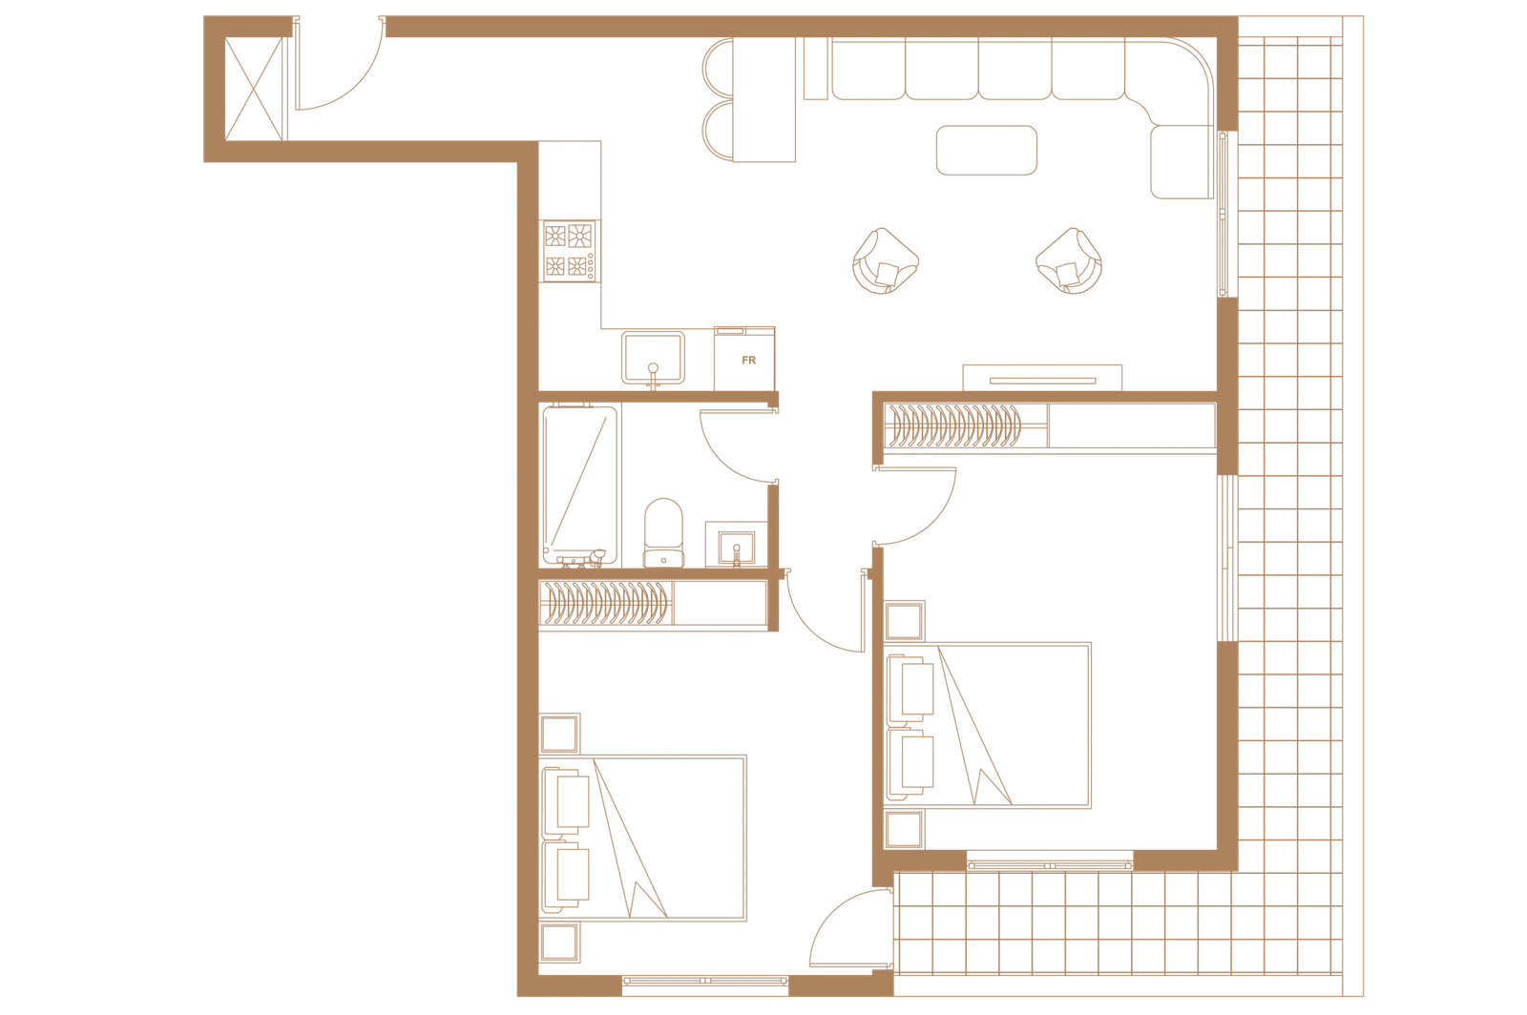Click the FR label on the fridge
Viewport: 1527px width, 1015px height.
coord(748,361)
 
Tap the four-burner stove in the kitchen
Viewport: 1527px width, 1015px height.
coord(571,251)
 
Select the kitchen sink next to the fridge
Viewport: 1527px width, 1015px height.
coord(653,359)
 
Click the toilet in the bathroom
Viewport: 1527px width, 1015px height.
coord(663,532)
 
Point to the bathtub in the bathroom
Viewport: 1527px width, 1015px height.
coord(580,485)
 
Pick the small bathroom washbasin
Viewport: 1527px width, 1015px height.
coord(736,547)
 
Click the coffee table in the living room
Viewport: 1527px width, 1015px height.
coord(987,150)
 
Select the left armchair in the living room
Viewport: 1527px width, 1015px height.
coord(885,260)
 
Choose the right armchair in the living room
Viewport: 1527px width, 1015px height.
coord(1069,260)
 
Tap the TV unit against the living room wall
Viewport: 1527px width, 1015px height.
coord(1042,378)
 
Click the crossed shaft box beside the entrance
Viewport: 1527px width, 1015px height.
coord(254,90)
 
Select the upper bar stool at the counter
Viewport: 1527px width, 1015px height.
coord(718,68)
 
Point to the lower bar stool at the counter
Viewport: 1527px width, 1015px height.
coord(718,132)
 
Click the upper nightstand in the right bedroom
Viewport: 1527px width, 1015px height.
coord(904,621)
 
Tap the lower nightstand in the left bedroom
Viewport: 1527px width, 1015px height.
coord(559,942)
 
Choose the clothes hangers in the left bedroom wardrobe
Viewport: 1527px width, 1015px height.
coord(604,603)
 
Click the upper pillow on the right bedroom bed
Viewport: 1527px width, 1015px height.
coord(910,688)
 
